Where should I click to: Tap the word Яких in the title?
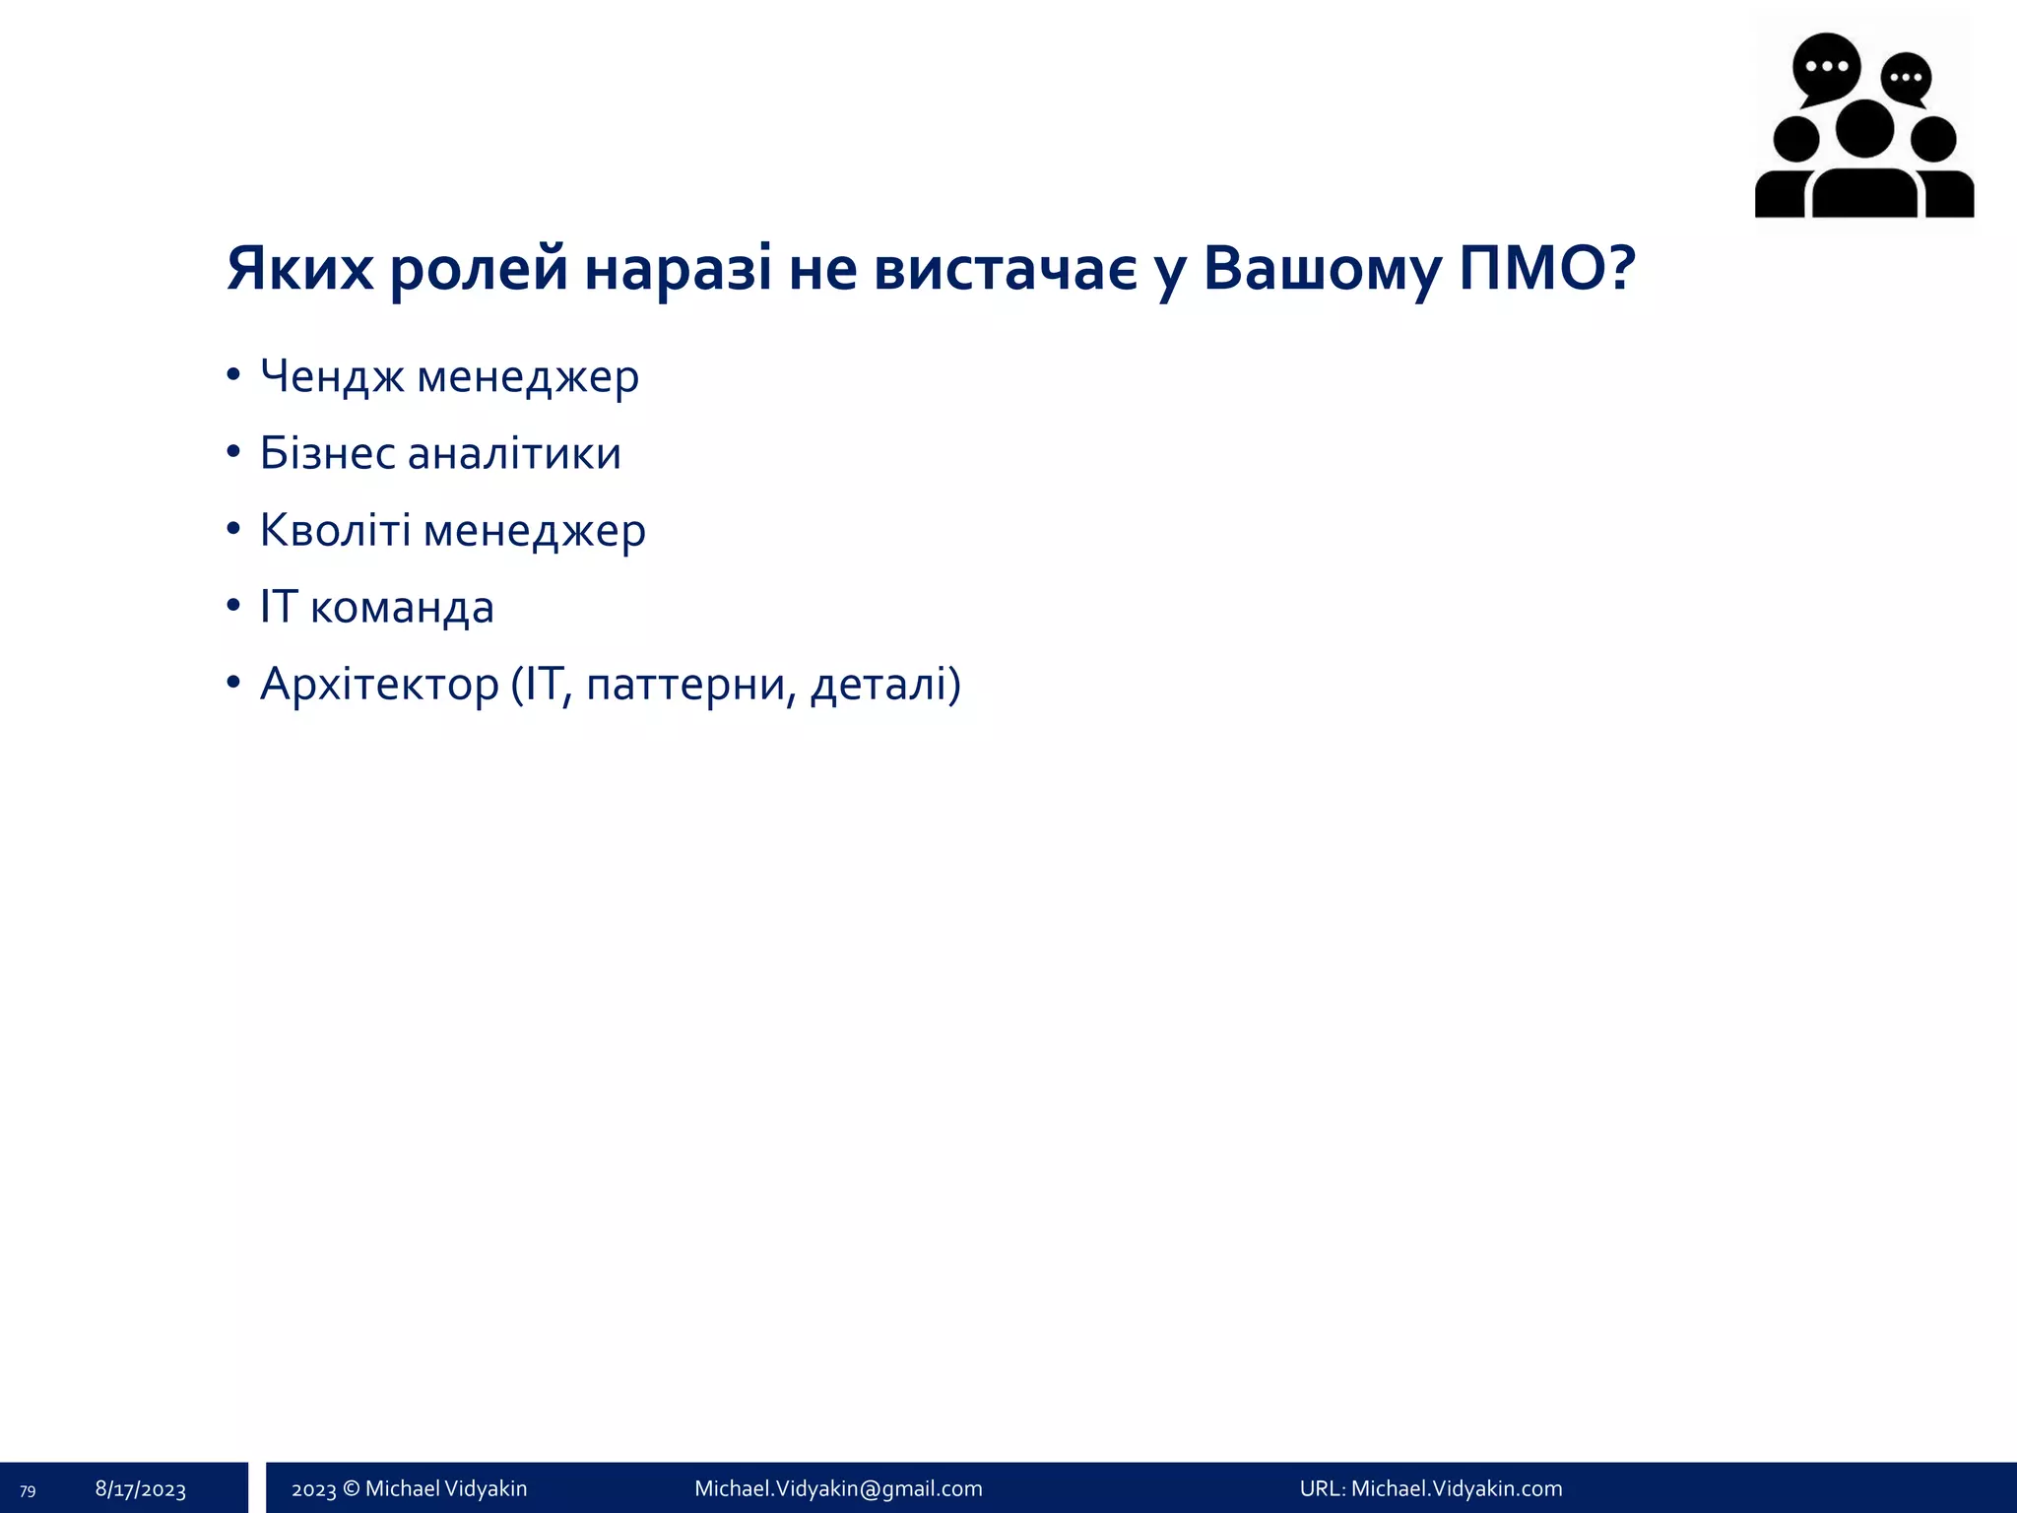300,268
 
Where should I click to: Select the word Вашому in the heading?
1321,268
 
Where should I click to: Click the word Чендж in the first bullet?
331,377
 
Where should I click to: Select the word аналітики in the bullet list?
514,454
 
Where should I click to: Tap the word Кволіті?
335,530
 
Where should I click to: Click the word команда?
402,608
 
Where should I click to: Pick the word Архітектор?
379,685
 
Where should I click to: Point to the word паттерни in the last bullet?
690,685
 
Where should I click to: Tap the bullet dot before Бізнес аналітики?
233,452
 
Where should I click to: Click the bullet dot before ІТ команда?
233,606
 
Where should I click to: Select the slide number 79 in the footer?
28,1491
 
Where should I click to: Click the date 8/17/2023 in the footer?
141,1489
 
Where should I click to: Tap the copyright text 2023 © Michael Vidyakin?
410,1488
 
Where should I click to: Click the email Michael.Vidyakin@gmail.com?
838,1488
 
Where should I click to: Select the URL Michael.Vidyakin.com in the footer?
1456,1488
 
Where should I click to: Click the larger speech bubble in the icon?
1826,67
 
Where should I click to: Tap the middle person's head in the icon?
1864,129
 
